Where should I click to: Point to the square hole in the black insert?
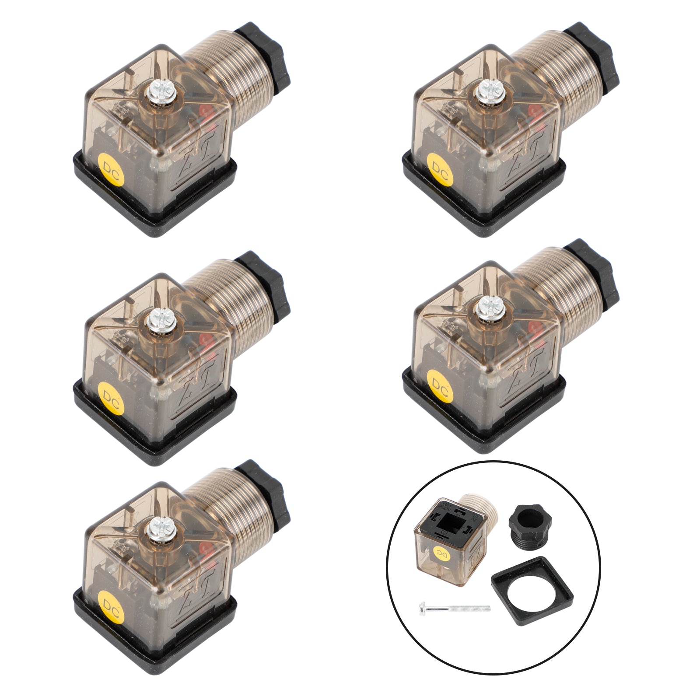[x=450, y=523]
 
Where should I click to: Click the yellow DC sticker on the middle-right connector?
[x=438, y=383]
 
